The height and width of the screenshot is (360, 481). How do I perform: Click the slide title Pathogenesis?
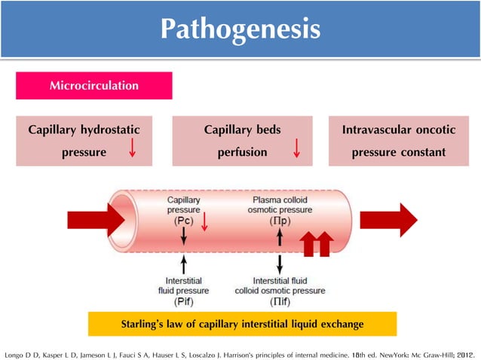[240, 29]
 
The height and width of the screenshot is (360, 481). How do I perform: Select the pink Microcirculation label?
[94, 86]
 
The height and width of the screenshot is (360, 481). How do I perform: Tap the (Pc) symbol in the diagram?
[183, 223]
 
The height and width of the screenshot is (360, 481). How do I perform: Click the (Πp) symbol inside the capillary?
[280, 223]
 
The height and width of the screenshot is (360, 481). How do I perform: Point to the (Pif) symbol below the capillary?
[183, 301]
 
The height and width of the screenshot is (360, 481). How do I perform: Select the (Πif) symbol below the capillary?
[280, 301]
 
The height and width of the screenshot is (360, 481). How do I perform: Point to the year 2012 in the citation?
[464, 352]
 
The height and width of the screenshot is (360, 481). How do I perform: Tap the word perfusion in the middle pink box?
[242, 152]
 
